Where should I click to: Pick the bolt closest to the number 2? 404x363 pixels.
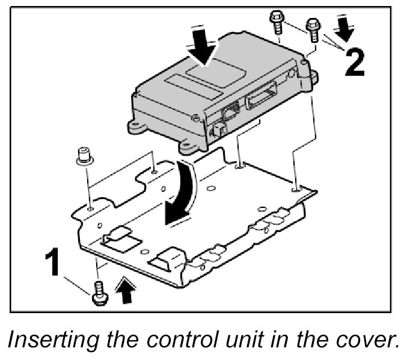click(x=313, y=29)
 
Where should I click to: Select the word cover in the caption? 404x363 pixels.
click(x=362, y=343)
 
